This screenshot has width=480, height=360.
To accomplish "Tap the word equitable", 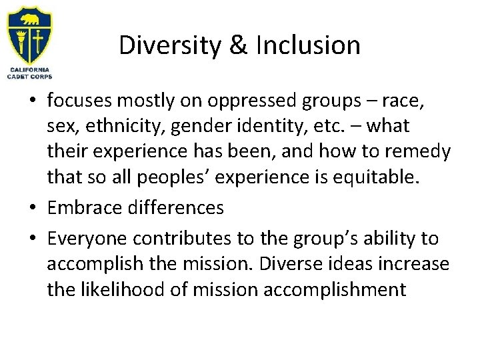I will pos(403,177).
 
